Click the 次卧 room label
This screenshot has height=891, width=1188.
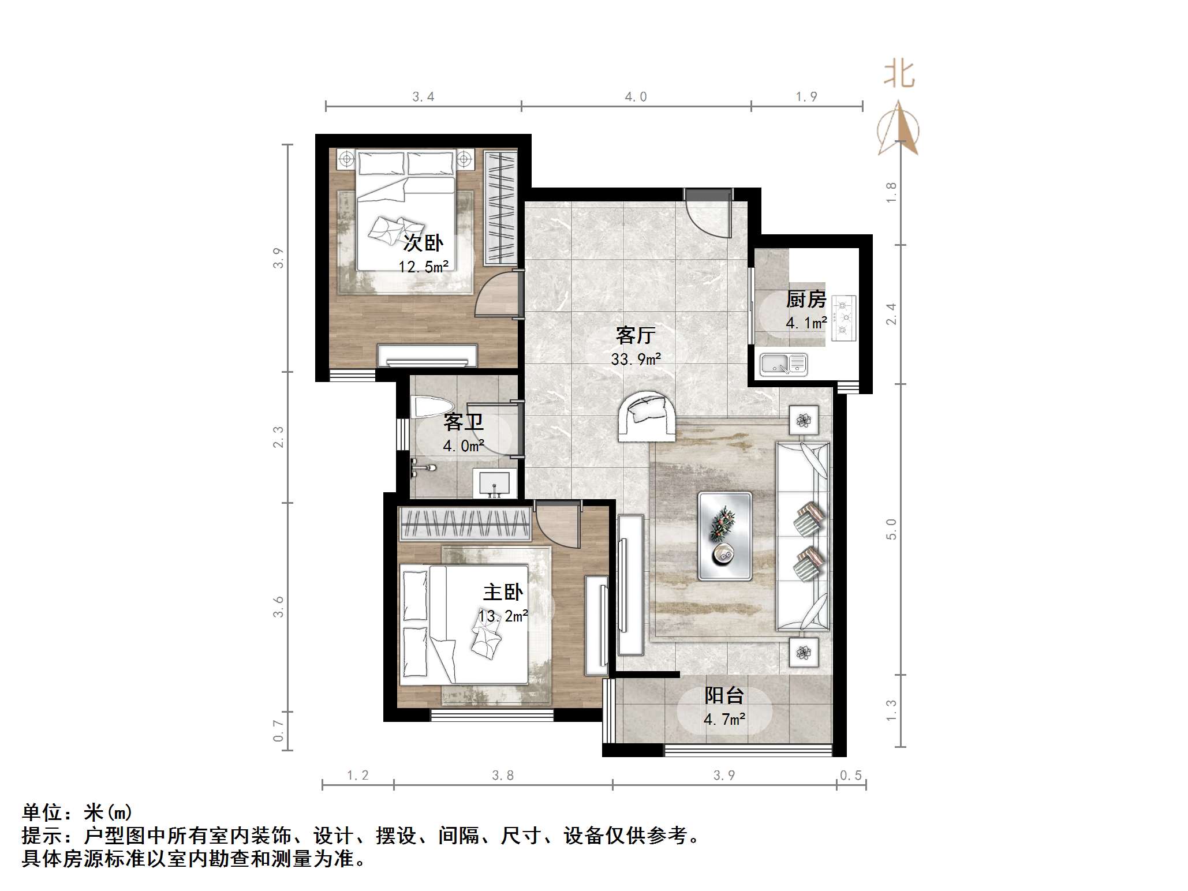tap(423, 243)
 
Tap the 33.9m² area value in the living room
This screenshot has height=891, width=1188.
tap(636, 359)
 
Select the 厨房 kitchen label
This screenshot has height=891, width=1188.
tap(806, 299)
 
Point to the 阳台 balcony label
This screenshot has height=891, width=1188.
tap(724, 695)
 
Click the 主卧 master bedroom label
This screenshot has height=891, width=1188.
tap(503, 592)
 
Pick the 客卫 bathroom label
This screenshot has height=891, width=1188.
tap(463, 422)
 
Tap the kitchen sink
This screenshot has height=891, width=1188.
tap(783, 364)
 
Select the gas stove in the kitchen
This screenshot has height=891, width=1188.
tap(843, 317)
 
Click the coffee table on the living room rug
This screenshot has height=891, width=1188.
tap(724, 536)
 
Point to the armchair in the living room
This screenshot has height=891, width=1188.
tap(647, 415)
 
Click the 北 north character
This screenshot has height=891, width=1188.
tap(899, 75)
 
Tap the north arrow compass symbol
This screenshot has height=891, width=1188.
tap(898, 130)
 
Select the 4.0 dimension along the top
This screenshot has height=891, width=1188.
tap(636, 97)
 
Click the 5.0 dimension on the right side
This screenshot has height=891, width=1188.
tap(891, 529)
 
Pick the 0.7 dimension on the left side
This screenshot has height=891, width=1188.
tap(278, 731)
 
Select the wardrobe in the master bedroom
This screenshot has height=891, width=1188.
tap(465, 524)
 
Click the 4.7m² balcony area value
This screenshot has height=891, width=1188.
tap(724, 720)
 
